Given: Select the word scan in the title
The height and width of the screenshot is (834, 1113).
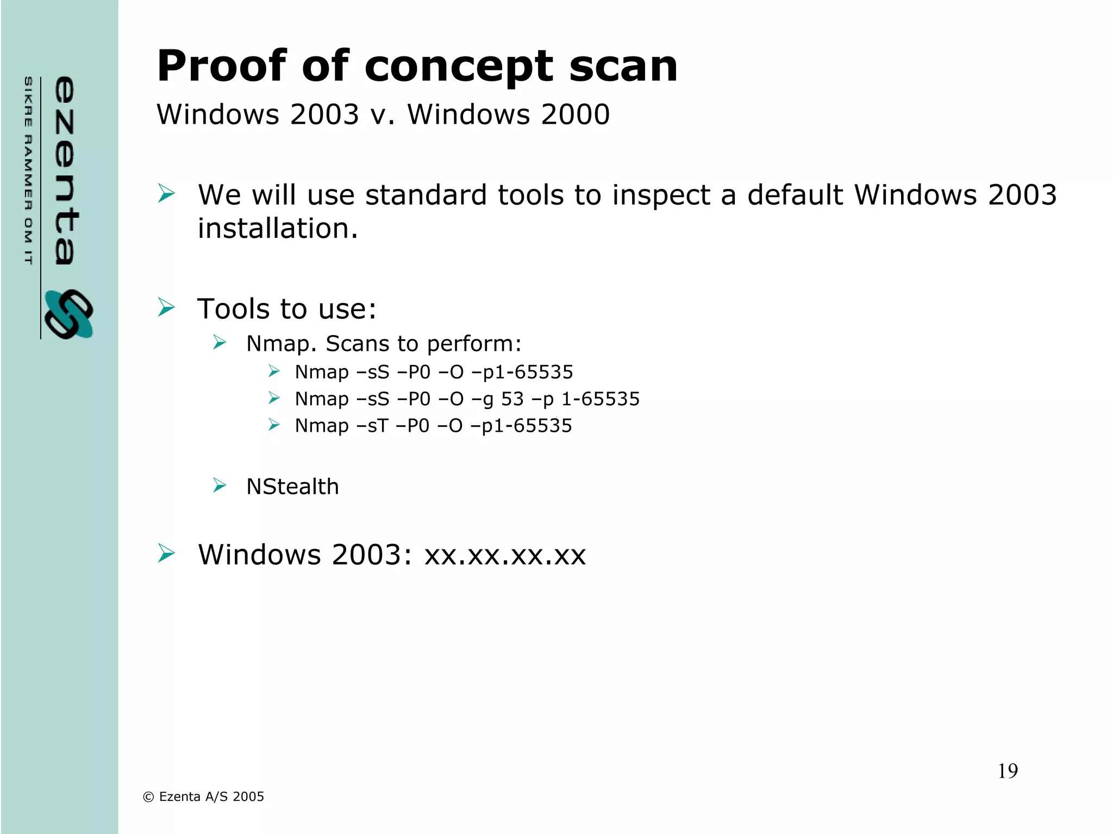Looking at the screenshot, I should coord(623,67).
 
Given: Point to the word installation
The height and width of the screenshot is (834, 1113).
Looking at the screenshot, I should coord(278,229).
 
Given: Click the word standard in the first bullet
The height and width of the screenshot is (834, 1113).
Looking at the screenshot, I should coord(426,195).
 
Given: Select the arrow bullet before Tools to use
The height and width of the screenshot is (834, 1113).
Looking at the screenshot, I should coord(166,307).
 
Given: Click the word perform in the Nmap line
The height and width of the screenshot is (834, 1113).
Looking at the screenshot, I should coord(473,344).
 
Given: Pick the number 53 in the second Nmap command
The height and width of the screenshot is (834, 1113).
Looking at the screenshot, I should coord(512,399).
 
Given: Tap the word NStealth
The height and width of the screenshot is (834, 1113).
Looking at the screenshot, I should coord(292,486).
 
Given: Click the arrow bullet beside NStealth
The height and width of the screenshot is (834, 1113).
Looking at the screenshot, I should coord(220,485).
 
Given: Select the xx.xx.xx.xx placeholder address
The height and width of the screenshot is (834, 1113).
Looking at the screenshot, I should coord(505,555).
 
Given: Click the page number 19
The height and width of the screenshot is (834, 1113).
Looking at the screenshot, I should coord(1008,771).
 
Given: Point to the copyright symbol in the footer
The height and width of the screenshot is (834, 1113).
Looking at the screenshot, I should coord(148,797).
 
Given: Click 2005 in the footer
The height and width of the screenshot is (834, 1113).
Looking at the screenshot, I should coord(248,797).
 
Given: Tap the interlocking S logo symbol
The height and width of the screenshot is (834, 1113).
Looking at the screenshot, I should coord(68,314).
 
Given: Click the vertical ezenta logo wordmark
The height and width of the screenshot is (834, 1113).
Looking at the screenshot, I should coord(66,170).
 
